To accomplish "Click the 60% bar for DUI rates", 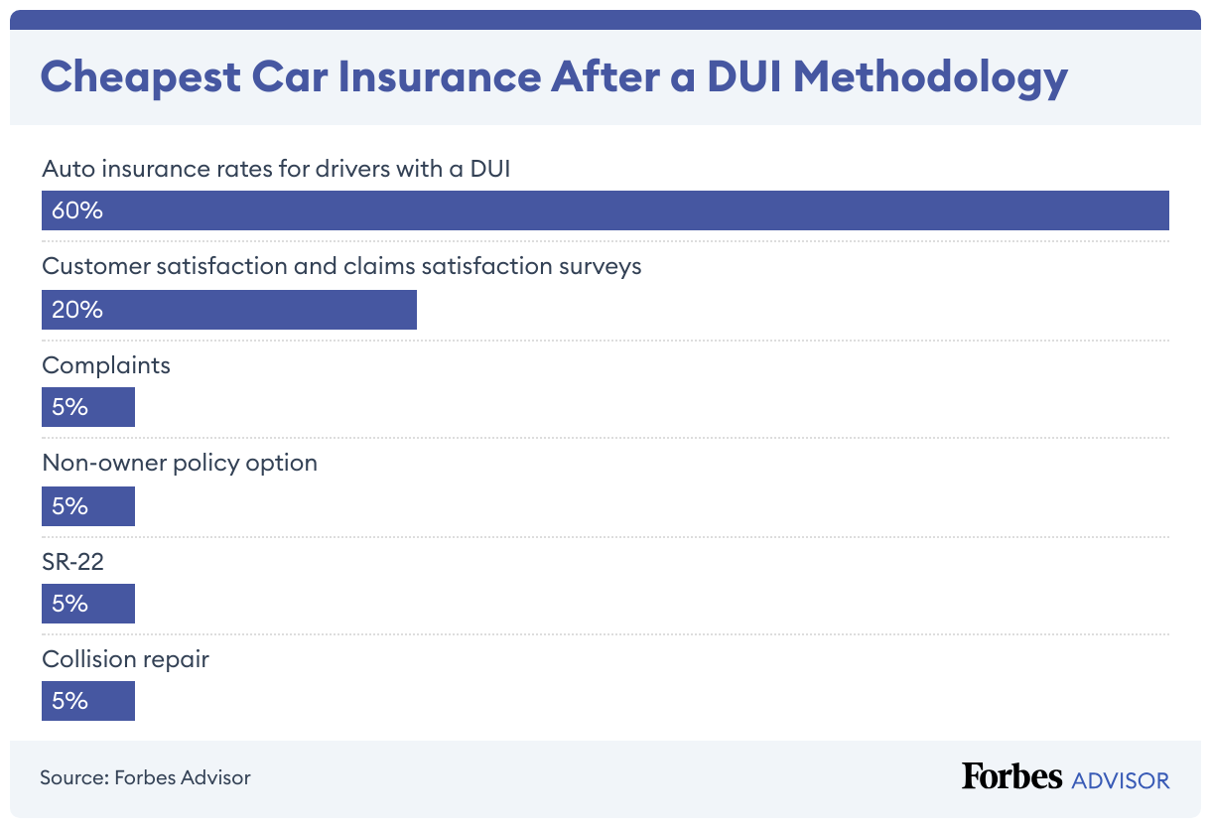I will (x=605, y=210).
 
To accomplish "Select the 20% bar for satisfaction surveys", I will (x=229, y=310).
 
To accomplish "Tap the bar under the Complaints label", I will (x=88, y=407).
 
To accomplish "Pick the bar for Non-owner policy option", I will (x=88, y=506).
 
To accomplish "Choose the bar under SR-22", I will (x=88, y=604).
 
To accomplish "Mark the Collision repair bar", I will (x=88, y=701).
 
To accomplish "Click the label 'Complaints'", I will (x=106, y=365).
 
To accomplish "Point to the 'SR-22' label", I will (x=72, y=562).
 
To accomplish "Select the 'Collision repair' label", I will (x=125, y=659).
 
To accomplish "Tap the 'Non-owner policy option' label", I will (x=180, y=463).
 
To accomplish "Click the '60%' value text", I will (x=77, y=210).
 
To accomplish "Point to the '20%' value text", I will (x=77, y=310).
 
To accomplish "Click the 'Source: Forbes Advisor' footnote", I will (x=145, y=777).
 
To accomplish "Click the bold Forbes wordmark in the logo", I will (x=1011, y=776).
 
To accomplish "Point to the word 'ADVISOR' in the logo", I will (x=1121, y=780).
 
